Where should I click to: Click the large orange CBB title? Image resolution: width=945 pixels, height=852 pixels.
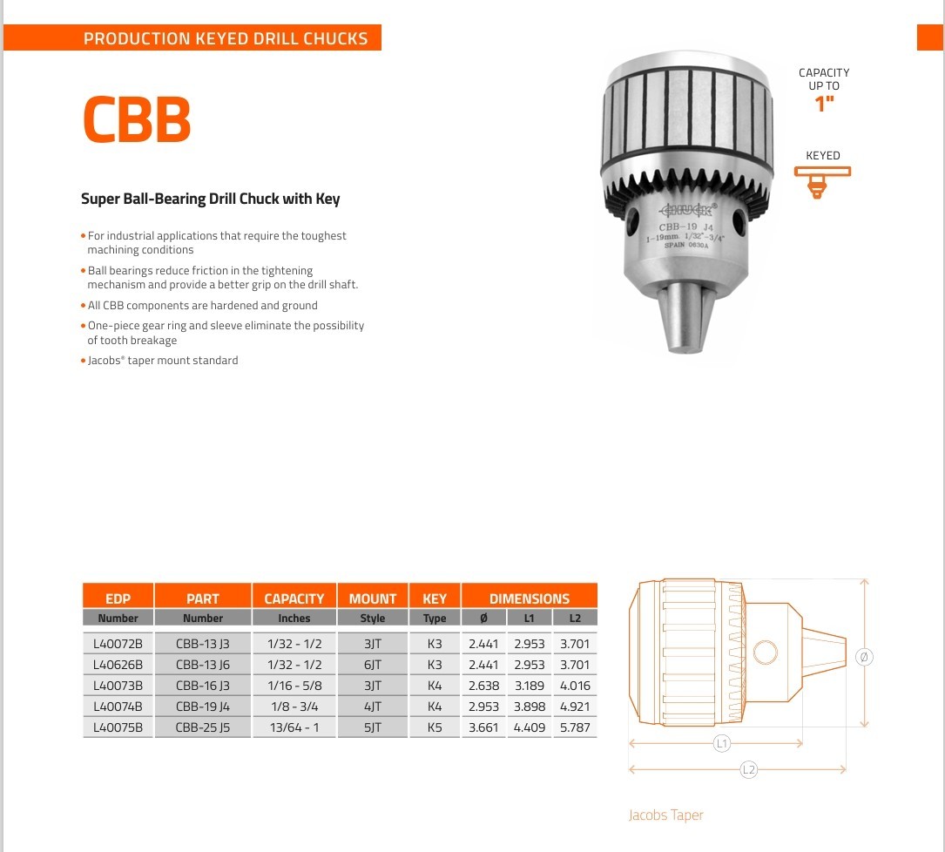tap(137, 119)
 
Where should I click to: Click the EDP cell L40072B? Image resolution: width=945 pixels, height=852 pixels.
tap(118, 644)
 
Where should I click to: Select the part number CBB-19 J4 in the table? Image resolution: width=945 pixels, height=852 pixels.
tap(202, 707)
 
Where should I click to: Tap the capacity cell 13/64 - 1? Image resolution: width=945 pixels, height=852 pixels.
tap(294, 727)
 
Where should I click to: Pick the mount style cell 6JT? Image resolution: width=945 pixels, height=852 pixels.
tap(373, 665)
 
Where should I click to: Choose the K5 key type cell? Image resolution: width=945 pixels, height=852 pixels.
tap(435, 727)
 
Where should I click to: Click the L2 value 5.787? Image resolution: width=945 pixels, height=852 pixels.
tap(575, 727)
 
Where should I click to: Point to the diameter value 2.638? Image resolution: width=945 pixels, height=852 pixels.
tap(483, 686)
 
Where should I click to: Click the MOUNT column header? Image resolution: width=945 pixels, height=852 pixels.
tap(373, 598)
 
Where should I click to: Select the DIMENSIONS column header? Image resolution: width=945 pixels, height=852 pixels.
tap(529, 598)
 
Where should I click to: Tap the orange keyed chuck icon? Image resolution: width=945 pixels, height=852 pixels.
tap(821, 180)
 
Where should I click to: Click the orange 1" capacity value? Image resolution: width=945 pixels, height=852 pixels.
tap(823, 105)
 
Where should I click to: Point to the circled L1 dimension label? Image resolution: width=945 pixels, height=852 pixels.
tap(721, 743)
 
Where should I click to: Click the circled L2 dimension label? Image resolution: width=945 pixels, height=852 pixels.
tap(748, 769)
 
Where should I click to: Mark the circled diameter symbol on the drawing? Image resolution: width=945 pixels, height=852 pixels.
tap(864, 657)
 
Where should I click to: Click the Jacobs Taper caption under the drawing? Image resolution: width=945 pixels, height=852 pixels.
tap(665, 815)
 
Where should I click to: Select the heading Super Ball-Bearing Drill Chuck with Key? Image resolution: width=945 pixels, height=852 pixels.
tap(211, 199)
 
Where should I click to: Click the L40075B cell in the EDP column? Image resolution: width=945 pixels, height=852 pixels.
tap(118, 727)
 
